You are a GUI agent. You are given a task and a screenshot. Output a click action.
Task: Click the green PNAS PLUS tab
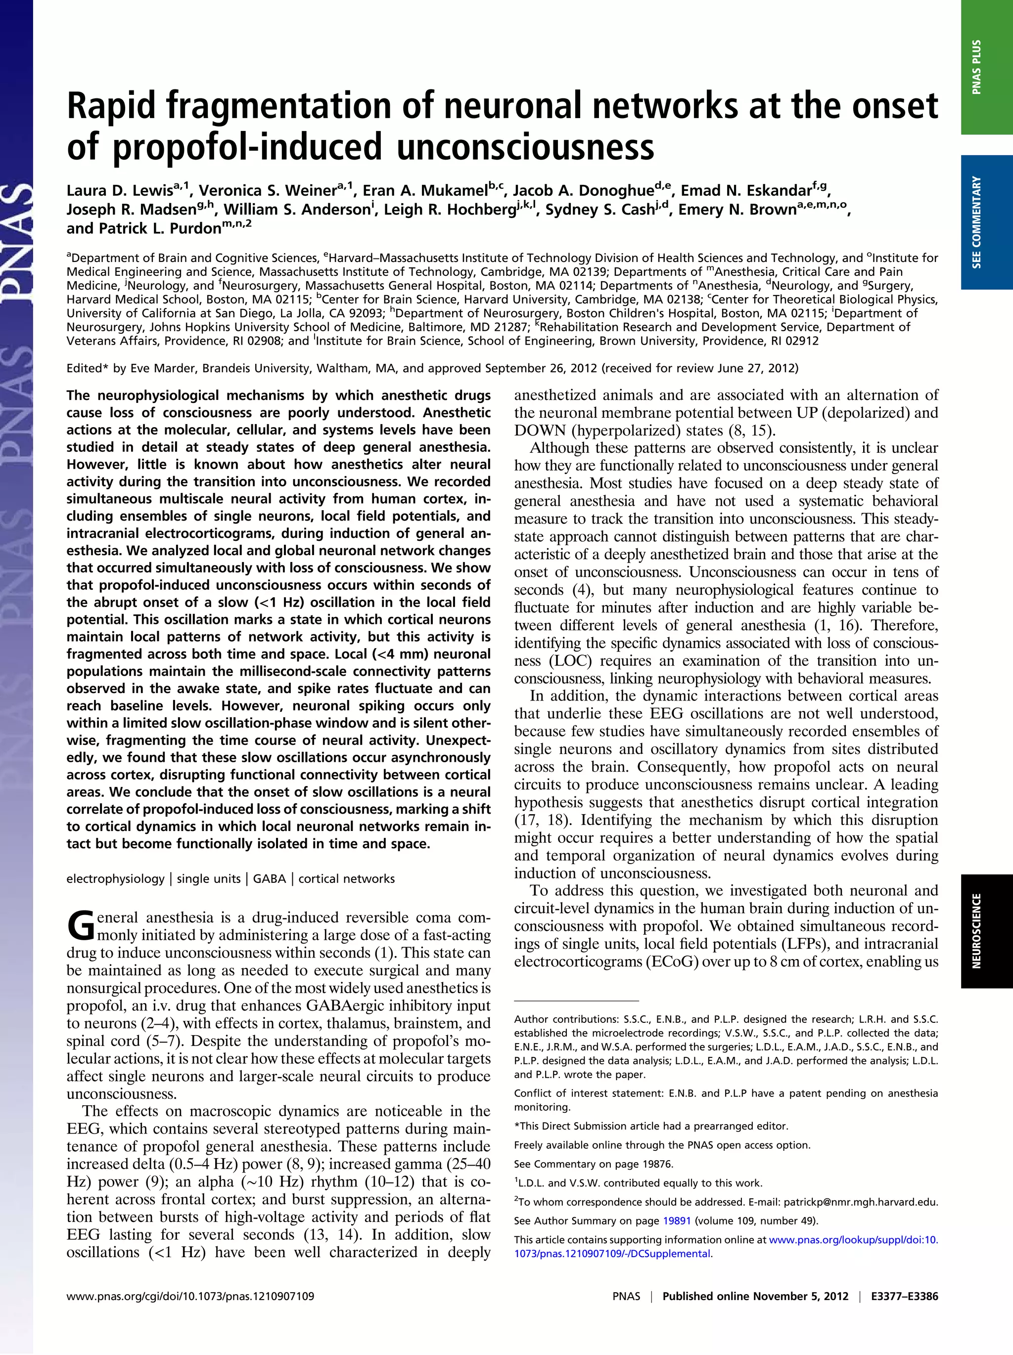coord(987,67)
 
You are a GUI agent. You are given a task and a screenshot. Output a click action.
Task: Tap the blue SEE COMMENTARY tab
coord(987,222)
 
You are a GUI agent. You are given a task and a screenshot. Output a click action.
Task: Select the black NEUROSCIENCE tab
coord(987,931)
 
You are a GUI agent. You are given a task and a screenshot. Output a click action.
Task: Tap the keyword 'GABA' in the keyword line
coord(269,878)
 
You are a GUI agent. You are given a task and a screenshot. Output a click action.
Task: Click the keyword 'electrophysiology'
coord(115,878)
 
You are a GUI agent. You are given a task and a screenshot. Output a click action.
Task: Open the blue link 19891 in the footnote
coord(677,1221)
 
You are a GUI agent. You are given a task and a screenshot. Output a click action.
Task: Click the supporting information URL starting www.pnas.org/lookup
coord(853,1240)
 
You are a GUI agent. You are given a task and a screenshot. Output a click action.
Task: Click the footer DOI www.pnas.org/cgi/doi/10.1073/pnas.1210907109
coord(190,1296)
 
